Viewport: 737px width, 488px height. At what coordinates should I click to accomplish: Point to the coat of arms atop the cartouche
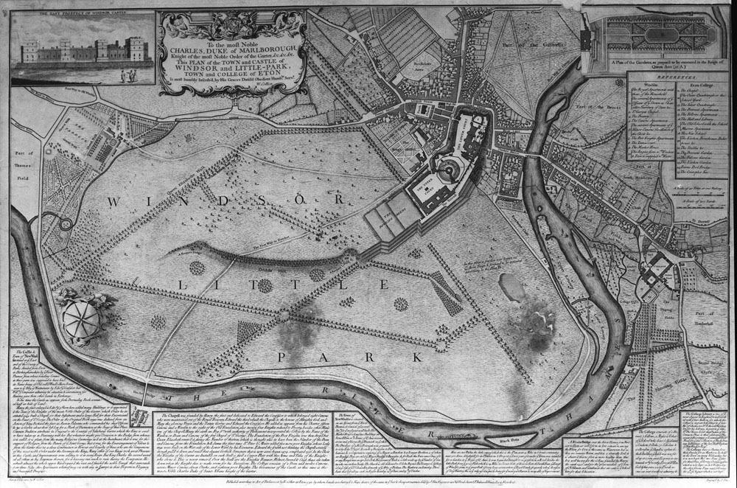(x=231, y=18)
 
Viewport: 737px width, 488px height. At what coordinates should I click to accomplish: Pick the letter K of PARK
(x=417, y=356)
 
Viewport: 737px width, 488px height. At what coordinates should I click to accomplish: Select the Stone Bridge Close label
(x=703, y=366)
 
